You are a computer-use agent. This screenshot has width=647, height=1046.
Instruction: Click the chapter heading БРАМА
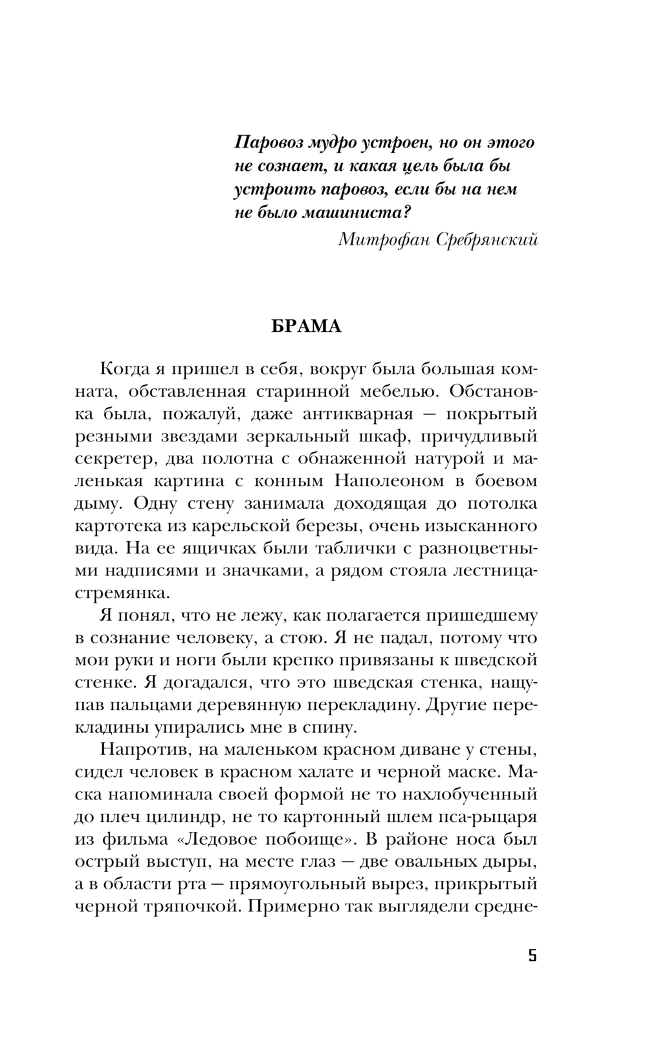pyautogui.click(x=305, y=326)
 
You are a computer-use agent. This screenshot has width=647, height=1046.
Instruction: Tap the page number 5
pyautogui.click(x=532, y=956)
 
